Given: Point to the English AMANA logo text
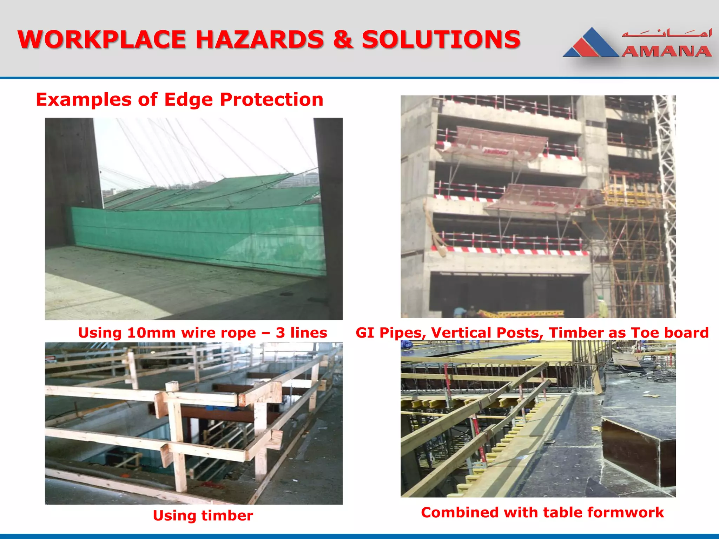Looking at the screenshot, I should pyautogui.click(x=666, y=51).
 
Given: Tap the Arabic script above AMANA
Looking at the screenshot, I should pyautogui.click(x=666, y=34).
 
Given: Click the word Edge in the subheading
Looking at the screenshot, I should pyautogui.click(x=188, y=100).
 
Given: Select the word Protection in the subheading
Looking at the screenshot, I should pyautogui.click(x=271, y=100).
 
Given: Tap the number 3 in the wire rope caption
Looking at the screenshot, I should pyautogui.click(x=280, y=333).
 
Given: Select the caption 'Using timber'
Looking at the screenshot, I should pyautogui.click(x=203, y=515).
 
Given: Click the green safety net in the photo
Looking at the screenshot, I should pyautogui.click(x=197, y=232).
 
